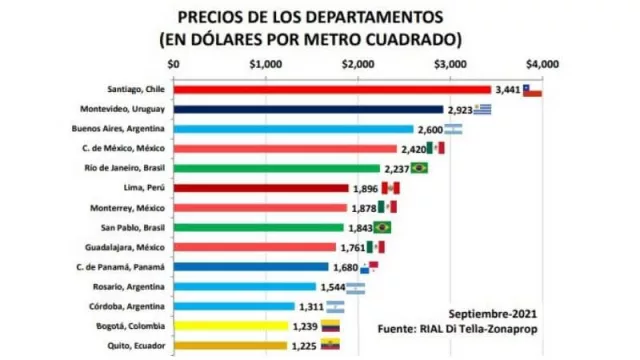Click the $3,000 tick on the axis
(450, 64)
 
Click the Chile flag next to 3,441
(532, 90)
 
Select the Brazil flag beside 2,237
(419, 168)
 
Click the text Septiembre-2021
(490, 311)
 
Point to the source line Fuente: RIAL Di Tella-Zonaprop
(459, 328)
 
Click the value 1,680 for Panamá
(345, 267)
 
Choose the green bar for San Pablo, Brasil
(259, 227)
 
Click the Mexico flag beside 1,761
(375, 247)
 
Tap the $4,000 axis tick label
(543, 64)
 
